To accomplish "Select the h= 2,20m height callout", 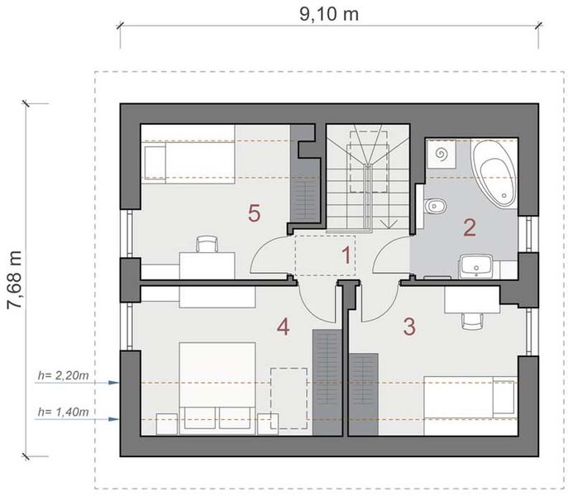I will tap(64, 375).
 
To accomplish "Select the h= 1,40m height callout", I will tap(64, 411).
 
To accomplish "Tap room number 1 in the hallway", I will tap(348, 255).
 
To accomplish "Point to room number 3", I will tap(408, 325).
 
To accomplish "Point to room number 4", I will tap(284, 328).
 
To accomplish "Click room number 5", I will tap(255, 213).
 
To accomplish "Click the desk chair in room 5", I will tap(207, 245).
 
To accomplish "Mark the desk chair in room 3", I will tap(472, 317).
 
